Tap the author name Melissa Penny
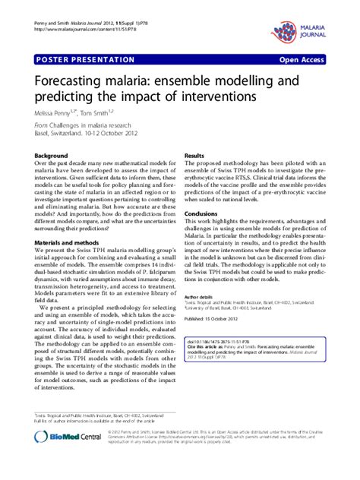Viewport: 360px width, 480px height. tap(56, 112)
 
